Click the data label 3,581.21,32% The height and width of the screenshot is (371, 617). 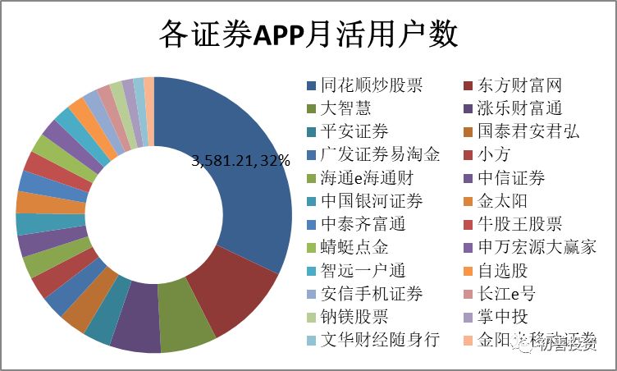[x=241, y=161]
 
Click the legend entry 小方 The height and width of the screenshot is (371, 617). [x=493, y=155]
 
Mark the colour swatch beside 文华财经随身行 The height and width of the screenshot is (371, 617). [x=311, y=340]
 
